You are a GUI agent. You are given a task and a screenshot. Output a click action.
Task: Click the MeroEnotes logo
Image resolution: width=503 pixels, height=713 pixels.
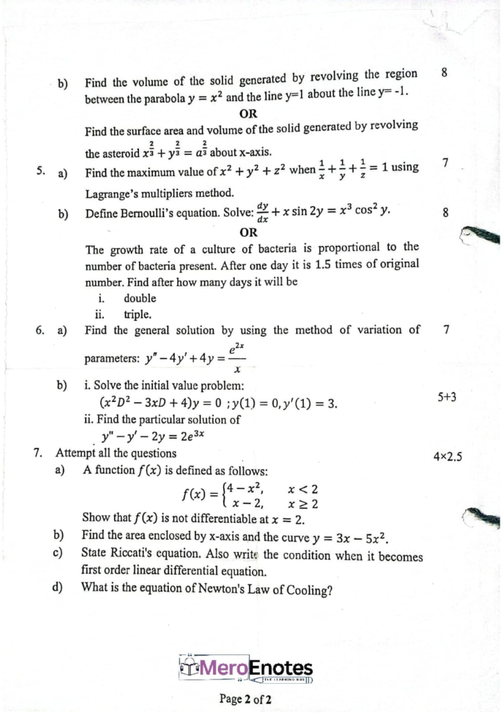tap(246, 669)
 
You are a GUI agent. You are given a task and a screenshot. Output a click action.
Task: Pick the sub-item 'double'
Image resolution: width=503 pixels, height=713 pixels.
tap(139, 298)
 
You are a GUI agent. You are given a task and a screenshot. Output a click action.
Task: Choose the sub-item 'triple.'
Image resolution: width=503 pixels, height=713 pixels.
tap(138, 314)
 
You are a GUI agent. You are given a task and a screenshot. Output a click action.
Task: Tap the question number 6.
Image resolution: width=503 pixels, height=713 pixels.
tap(40, 330)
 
